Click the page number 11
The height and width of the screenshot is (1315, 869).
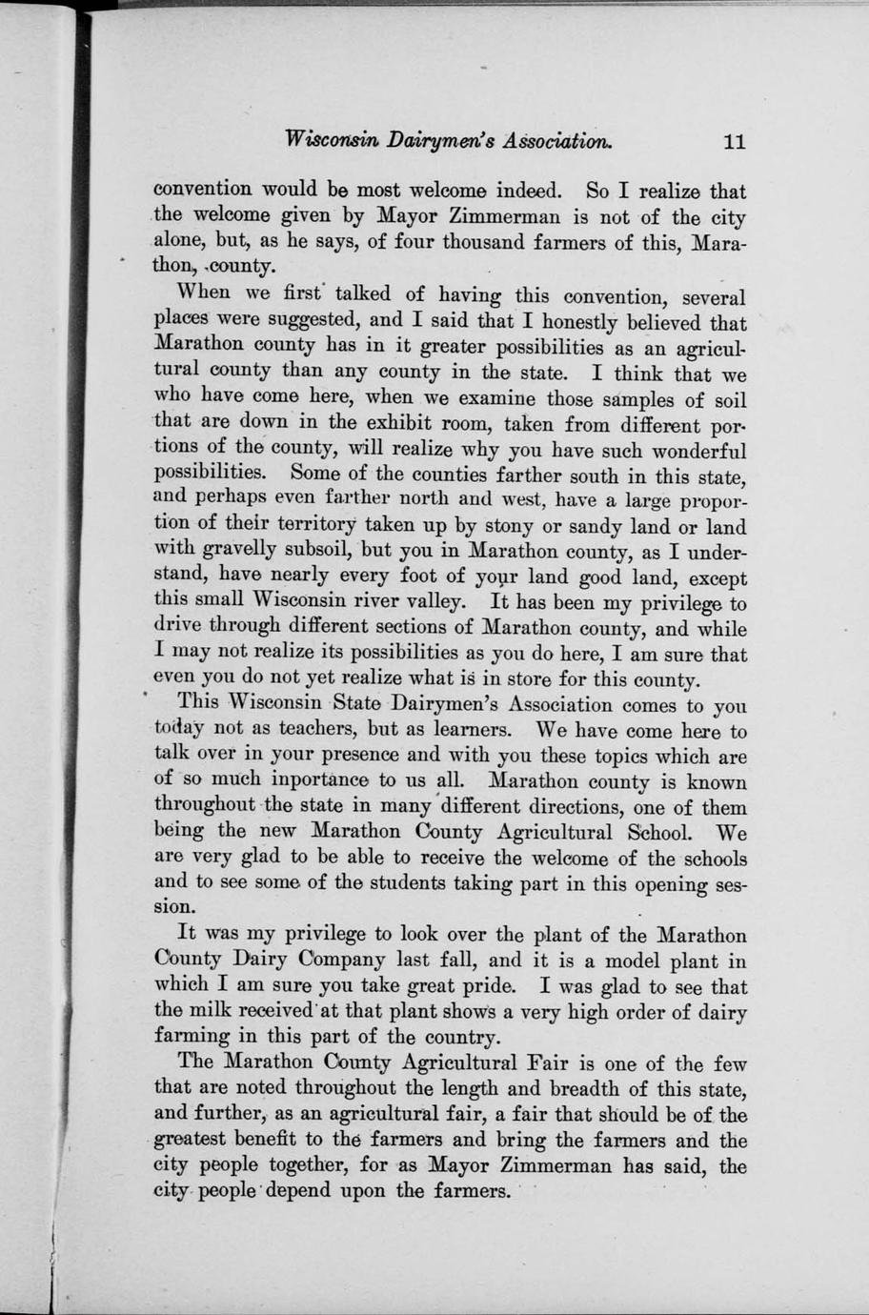[734, 142]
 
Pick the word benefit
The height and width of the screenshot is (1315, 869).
[278, 1140]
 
